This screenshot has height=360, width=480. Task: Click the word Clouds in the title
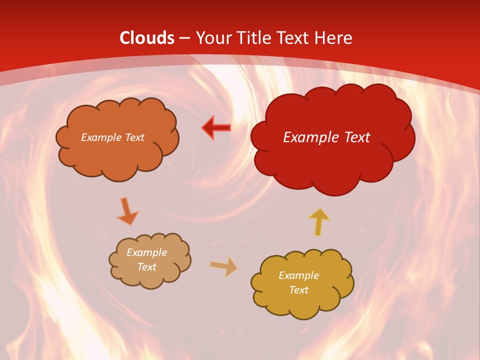click(x=147, y=37)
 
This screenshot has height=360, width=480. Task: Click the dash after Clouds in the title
click(x=184, y=38)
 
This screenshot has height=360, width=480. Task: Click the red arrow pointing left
click(x=216, y=128)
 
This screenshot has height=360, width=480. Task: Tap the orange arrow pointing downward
click(x=127, y=211)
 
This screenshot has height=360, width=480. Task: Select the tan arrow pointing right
click(x=224, y=266)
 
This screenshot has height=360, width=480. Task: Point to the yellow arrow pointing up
click(x=319, y=221)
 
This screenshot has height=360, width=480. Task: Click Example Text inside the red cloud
click(x=326, y=137)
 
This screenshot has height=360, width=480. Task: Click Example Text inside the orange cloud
click(x=113, y=137)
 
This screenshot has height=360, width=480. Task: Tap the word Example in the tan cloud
click(x=146, y=252)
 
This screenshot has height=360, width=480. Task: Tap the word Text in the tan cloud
click(x=146, y=267)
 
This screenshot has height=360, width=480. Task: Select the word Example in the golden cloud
click(x=298, y=275)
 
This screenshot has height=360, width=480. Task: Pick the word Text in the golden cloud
click(x=298, y=290)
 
